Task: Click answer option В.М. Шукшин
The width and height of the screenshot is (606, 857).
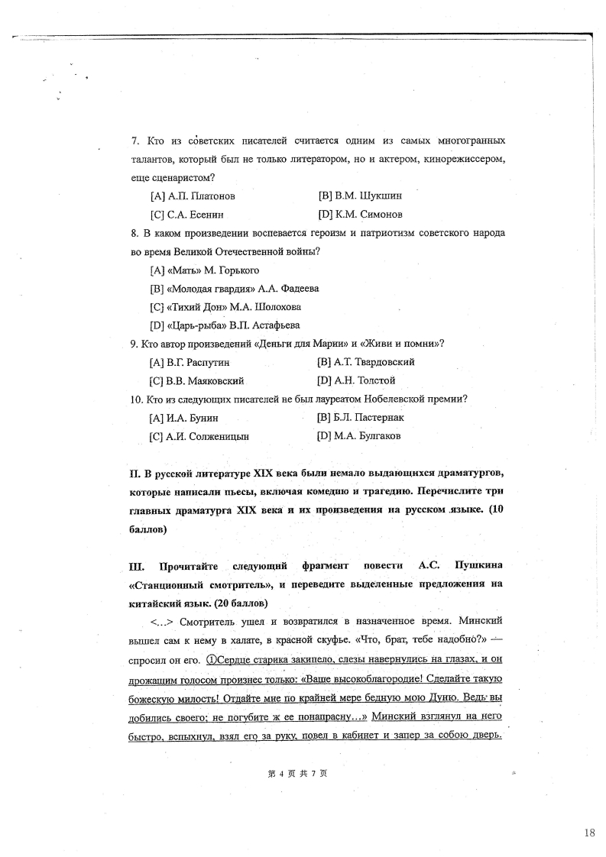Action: (x=359, y=196)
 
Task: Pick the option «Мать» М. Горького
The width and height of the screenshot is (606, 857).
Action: (x=205, y=270)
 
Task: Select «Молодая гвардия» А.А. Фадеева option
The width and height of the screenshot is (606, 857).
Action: (x=235, y=289)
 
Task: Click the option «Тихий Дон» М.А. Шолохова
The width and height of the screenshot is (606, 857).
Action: (x=225, y=307)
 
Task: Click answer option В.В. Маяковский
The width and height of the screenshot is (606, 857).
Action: (x=196, y=380)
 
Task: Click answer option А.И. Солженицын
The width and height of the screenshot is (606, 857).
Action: (x=199, y=436)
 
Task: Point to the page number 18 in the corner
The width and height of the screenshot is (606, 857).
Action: (x=588, y=833)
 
